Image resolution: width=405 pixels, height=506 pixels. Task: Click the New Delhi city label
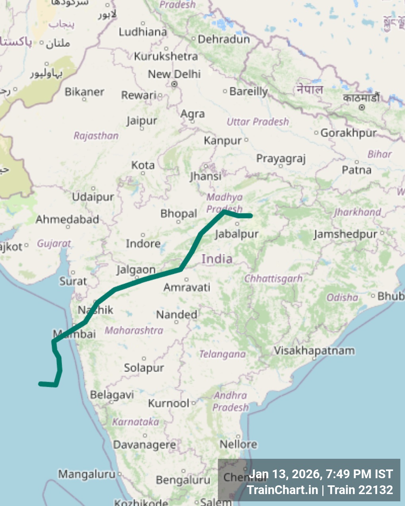tap(174, 74)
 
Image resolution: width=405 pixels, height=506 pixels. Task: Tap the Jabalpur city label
tap(237, 234)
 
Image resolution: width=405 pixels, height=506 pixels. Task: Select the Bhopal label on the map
tap(178, 214)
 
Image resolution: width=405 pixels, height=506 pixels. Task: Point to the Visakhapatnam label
tap(314, 351)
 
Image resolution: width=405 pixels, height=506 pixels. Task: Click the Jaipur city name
tap(142, 120)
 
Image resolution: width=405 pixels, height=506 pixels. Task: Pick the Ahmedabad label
tap(67, 219)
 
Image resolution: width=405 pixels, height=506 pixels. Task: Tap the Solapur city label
tap(144, 368)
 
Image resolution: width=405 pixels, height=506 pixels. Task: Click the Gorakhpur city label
tap(349, 133)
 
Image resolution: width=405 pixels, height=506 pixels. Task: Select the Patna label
tap(357, 170)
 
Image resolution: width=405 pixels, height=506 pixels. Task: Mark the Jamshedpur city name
tap(345, 234)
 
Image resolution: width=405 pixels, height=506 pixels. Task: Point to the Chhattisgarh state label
tap(273, 278)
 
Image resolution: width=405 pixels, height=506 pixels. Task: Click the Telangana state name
tap(222, 354)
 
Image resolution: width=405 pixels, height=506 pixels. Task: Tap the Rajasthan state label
tap(96, 136)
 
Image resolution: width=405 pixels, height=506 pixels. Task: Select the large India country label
tap(217, 259)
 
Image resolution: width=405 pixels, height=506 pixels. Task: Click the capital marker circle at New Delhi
tap(174, 84)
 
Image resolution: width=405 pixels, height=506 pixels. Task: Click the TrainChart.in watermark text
tap(282, 490)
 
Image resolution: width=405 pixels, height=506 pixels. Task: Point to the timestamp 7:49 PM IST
tap(359, 474)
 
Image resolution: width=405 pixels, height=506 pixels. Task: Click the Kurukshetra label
tap(166, 56)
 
